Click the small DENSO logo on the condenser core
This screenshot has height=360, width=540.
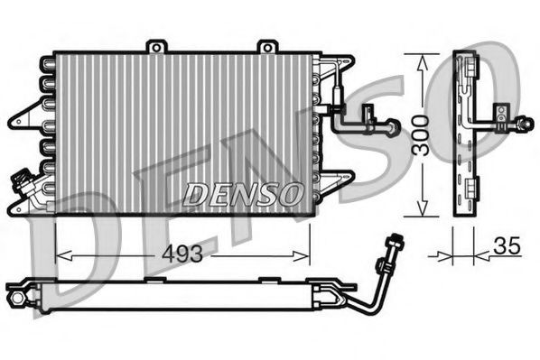click(242, 192)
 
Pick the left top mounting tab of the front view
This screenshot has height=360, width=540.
click(158, 46)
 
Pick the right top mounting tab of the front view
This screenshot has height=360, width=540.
click(266, 46)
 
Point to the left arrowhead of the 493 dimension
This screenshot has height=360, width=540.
click(61, 255)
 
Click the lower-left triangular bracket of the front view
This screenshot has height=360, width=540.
click(23, 207)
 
